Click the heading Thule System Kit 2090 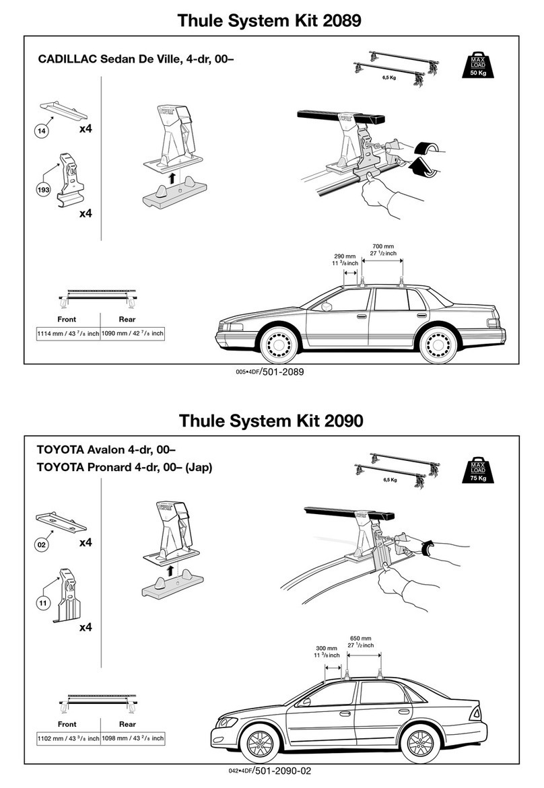(x=271, y=421)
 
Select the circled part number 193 (x=44, y=191)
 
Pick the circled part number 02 (x=42, y=546)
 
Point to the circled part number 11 (x=42, y=604)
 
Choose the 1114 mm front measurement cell (x=67, y=334)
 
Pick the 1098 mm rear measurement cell (x=133, y=739)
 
